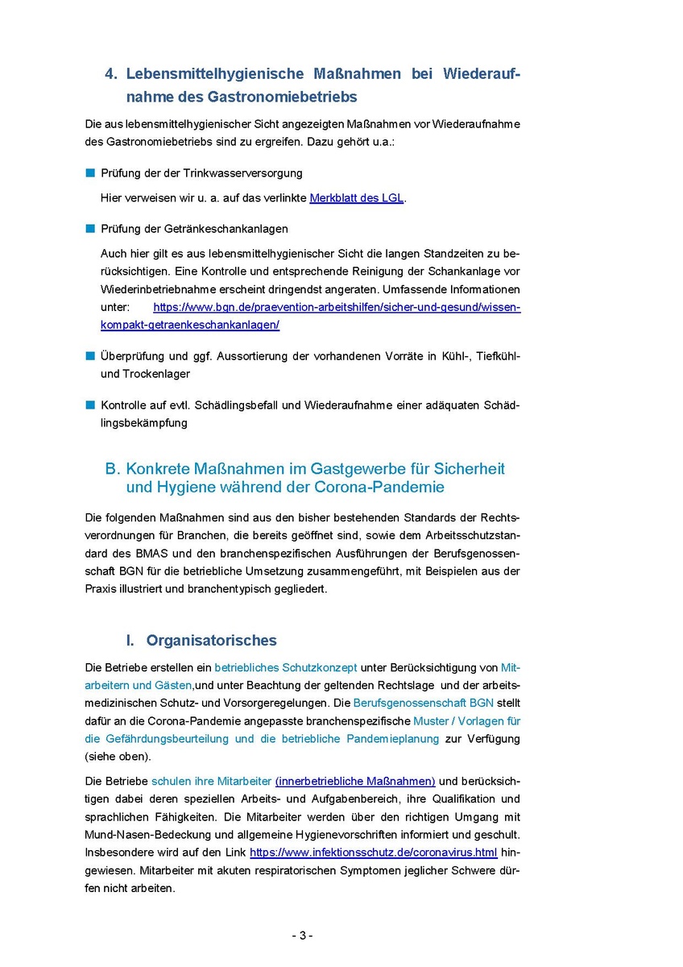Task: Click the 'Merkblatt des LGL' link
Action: pyautogui.click(x=356, y=198)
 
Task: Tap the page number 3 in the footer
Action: pyautogui.click(x=302, y=936)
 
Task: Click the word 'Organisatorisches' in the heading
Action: pyautogui.click(x=211, y=641)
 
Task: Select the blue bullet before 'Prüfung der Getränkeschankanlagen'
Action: pyautogui.click(x=89, y=229)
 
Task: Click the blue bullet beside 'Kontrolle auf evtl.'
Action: pyautogui.click(x=89, y=405)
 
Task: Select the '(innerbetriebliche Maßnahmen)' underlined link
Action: pyautogui.click(x=355, y=781)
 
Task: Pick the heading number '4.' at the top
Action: pyautogui.click(x=112, y=74)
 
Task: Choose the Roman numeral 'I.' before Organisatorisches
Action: pyautogui.click(x=130, y=641)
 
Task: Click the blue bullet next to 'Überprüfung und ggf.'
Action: pyautogui.click(x=89, y=355)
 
